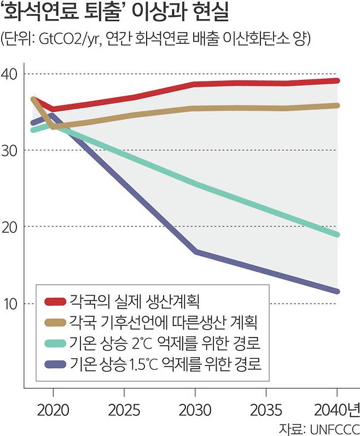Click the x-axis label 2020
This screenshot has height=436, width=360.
[x=53, y=409]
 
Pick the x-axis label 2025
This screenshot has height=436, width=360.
[x=124, y=409]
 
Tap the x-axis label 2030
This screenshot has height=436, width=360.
[x=195, y=409]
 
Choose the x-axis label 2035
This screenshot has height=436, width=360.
[x=266, y=409]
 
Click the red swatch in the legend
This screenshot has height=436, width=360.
[x=55, y=300]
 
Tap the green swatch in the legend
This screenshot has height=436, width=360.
[x=55, y=344]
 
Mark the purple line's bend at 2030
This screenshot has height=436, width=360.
[x=195, y=251]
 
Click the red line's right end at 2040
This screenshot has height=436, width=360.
[x=338, y=80]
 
